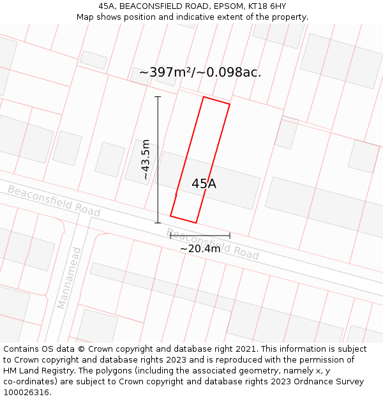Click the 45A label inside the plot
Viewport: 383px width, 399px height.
[x=204, y=184]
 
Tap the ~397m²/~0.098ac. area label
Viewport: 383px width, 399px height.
[x=200, y=72]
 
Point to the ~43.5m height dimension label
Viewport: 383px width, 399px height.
[x=146, y=159]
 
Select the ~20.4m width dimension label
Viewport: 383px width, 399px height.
[x=200, y=248]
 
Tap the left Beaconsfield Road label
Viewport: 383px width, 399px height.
[x=54, y=200]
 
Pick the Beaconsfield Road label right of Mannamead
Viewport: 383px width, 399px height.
[x=212, y=243]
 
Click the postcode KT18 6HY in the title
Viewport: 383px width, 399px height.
[x=264, y=6]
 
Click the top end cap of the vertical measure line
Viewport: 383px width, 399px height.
[x=158, y=97]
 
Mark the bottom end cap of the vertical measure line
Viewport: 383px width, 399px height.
[x=158, y=223]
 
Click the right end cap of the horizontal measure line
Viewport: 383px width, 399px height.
[x=230, y=236]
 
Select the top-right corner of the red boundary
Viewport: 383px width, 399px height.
[x=230, y=104]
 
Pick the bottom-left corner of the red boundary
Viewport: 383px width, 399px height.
[x=170, y=216]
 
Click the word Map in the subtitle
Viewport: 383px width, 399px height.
[x=85, y=17]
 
